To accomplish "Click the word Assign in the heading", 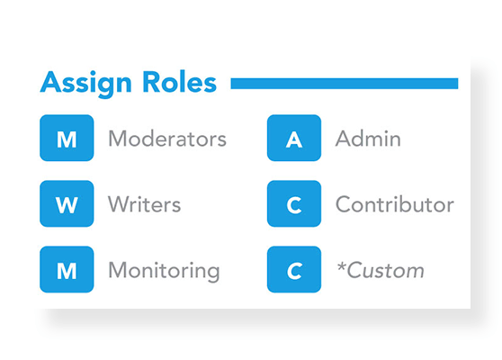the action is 85,84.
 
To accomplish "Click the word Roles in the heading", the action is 179,82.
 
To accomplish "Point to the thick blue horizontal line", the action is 345,84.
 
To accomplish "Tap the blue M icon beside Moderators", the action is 67,138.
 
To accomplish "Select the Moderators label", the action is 167,139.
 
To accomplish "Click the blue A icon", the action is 294,138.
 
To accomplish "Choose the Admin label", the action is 368,139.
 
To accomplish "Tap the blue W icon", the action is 67,203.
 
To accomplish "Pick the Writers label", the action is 144,204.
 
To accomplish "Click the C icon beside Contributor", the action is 294,203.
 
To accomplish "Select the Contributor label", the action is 395,204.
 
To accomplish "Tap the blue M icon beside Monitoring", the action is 67,269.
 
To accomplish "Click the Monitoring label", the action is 164,271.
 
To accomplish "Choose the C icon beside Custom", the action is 294,269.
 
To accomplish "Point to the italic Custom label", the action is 385,270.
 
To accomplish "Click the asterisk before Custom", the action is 341,265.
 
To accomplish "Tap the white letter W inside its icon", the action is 67,204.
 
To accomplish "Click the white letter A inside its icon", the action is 294,140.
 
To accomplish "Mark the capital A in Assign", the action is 51,82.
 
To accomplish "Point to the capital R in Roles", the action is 151,82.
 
